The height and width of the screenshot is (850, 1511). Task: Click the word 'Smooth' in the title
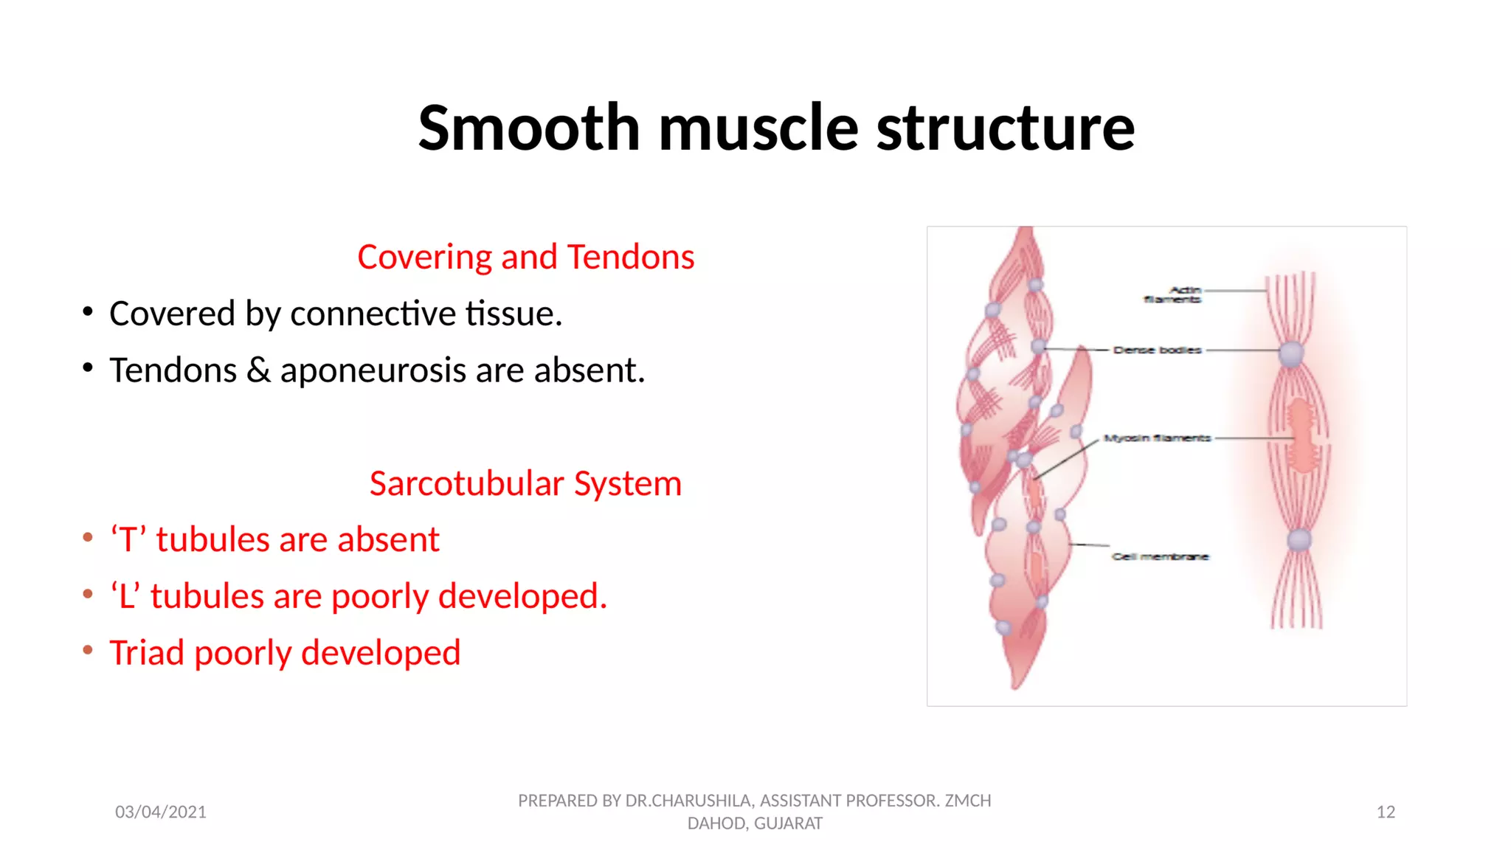click(528, 128)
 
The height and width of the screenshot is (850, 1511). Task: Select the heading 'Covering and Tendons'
click(525, 257)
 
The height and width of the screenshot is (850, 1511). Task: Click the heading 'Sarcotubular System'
click(525, 484)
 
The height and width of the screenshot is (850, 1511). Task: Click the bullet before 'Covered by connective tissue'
click(88, 312)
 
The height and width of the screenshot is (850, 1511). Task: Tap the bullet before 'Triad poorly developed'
click(88, 650)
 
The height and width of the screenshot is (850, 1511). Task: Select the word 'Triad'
click(147, 652)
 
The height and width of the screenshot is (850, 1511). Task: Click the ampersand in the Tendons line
click(258, 370)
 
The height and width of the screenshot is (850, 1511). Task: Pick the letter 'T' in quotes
click(127, 540)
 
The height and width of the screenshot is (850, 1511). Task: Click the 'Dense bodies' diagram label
click(1157, 350)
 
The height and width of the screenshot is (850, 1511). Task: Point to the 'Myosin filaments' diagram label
click(1157, 438)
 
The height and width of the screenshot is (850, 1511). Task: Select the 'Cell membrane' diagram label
click(1160, 556)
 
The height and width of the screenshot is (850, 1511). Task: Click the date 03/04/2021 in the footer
click(161, 812)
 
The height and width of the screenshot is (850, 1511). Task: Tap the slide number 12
click(1385, 812)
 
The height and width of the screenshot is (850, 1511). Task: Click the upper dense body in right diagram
click(1291, 354)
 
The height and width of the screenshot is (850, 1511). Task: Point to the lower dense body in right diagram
click(1299, 539)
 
